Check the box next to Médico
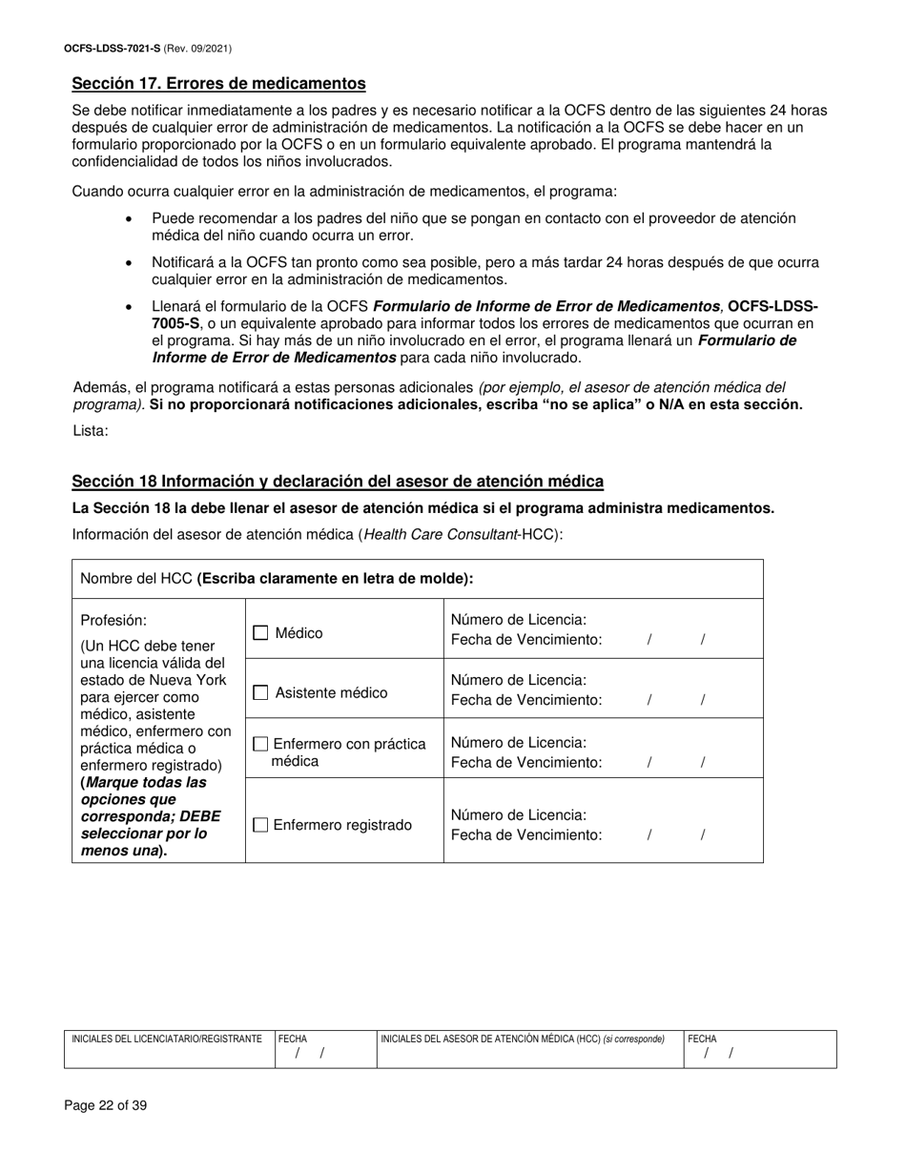260,632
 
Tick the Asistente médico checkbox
260,693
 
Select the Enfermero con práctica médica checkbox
260,744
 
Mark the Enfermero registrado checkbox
260,825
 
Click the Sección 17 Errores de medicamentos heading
218,84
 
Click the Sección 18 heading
338,482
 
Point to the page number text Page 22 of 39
106,1106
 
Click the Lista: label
91,431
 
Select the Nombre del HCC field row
417,579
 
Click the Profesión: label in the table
114,620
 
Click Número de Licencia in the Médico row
518,620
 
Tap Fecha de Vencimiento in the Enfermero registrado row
525,834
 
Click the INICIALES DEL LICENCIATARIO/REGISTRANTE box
169,1049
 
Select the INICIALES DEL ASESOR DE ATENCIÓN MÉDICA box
529,1049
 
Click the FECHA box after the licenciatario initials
324,1049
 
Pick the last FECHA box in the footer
759,1049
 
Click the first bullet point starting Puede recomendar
473,227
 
